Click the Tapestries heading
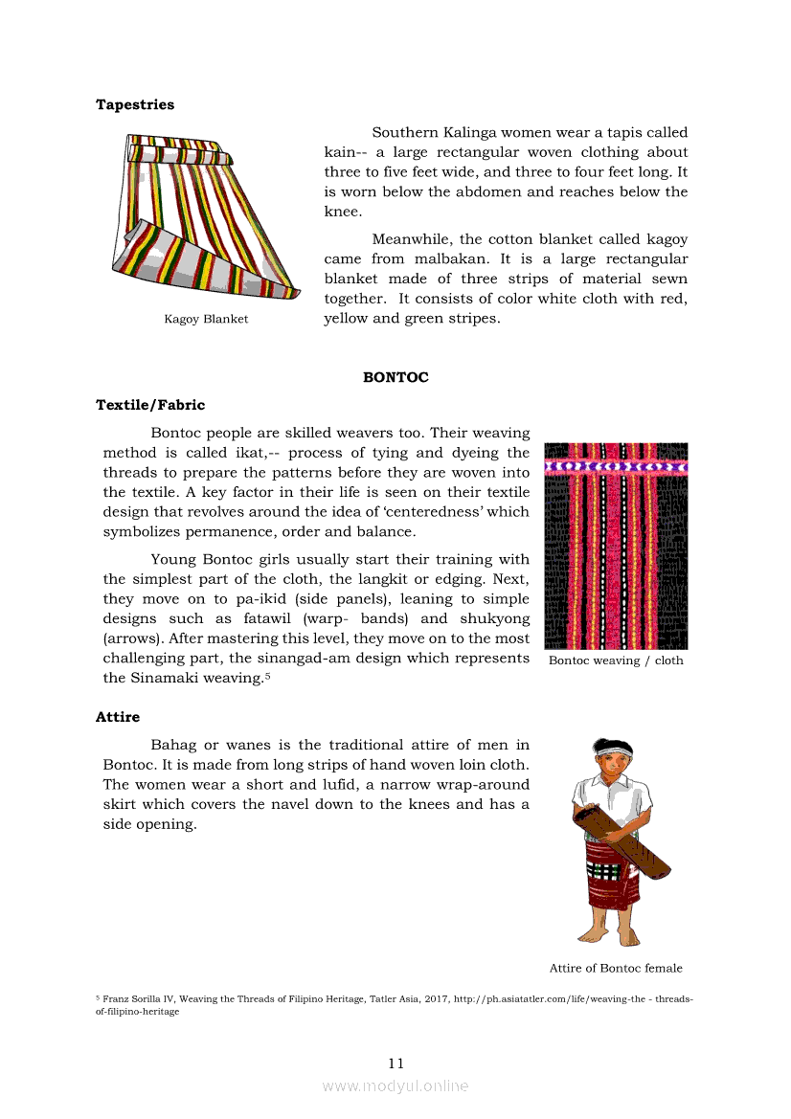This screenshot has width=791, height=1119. tap(135, 104)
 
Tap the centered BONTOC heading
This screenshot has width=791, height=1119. tap(395, 377)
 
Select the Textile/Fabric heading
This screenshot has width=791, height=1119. tap(150, 405)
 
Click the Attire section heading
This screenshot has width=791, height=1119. tap(118, 716)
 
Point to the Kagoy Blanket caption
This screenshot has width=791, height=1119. tap(206, 319)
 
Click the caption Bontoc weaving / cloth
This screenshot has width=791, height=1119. tap(616, 660)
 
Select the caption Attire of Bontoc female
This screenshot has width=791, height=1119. tap(616, 968)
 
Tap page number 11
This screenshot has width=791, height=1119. tap(396, 1063)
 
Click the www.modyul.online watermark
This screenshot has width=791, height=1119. tap(395, 1085)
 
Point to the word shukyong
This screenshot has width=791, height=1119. tap(493, 618)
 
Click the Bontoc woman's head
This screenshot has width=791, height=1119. tap(612, 758)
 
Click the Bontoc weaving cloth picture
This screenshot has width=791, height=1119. tap(616, 546)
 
